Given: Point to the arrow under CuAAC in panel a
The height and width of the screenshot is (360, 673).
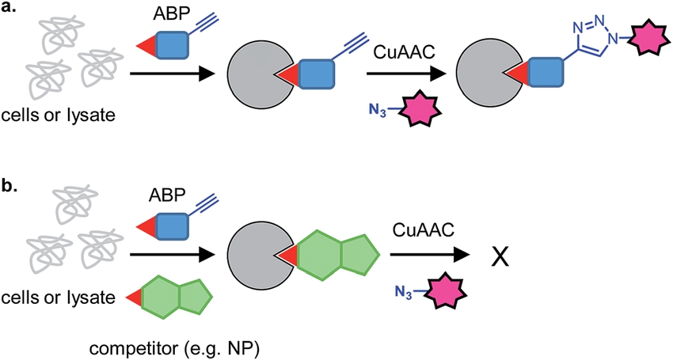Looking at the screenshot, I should point(404,77).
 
